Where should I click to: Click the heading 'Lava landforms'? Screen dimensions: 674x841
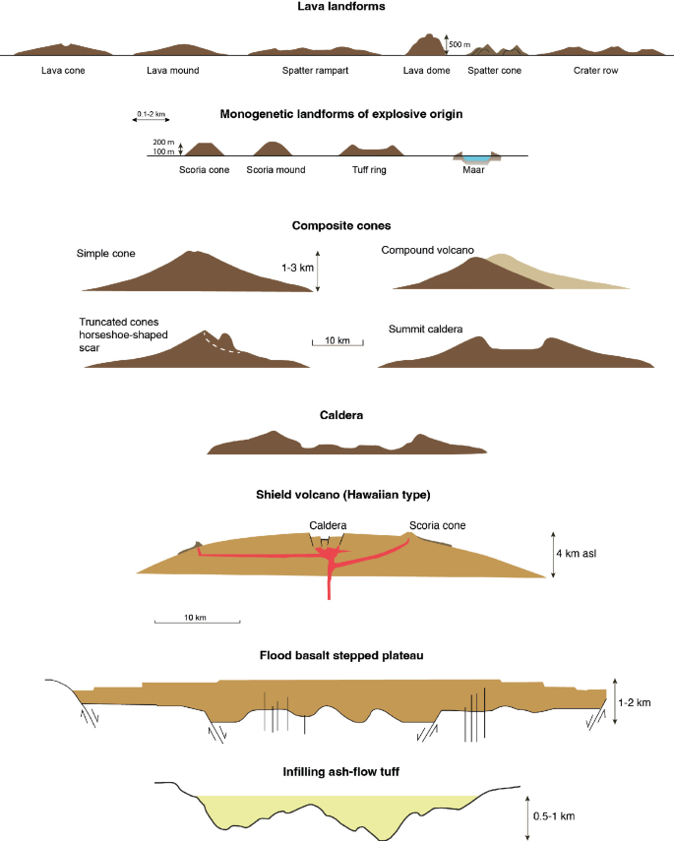(x=337, y=8)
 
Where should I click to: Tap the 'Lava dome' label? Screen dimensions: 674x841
(x=425, y=71)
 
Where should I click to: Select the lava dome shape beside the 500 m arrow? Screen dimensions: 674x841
(x=426, y=46)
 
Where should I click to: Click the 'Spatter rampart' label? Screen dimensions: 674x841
(x=316, y=71)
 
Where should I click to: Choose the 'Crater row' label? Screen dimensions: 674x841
(x=598, y=71)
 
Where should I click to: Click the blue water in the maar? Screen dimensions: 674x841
(x=476, y=157)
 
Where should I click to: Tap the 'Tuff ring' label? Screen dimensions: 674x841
(x=364, y=169)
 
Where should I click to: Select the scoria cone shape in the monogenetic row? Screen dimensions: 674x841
(x=205, y=150)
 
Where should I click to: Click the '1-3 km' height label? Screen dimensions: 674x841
(x=297, y=267)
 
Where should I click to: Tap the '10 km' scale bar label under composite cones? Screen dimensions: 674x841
(x=337, y=341)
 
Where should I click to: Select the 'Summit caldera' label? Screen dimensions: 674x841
(x=425, y=329)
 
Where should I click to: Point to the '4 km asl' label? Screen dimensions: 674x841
(x=579, y=553)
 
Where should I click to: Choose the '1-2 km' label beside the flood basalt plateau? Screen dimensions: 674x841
(x=637, y=701)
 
